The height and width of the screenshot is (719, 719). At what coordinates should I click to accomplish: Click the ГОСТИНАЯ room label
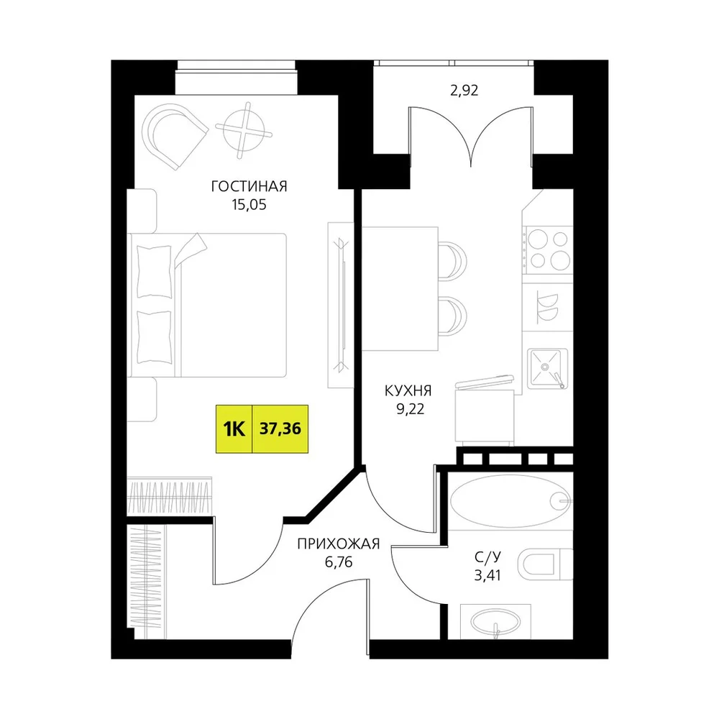(249, 187)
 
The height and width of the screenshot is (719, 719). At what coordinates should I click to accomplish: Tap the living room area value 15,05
(249, 204)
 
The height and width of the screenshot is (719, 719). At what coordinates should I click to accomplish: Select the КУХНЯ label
(408, 391)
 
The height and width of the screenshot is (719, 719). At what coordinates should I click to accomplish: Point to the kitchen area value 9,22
(411, 409)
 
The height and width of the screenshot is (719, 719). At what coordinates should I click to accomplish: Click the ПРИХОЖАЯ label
(339, 544)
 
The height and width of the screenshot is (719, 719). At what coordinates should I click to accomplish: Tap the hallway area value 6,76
(339, 562)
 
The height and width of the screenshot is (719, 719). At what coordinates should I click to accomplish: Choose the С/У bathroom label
(488, 557)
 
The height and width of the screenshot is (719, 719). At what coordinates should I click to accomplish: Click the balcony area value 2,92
(464, 91)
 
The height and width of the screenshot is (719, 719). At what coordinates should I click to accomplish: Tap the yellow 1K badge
(234, 429)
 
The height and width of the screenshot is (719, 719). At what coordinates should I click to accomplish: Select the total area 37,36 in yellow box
(280, 429)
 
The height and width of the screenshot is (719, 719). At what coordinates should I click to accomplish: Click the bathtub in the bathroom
(510, 500)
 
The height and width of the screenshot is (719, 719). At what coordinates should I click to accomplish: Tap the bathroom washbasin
(495, 622)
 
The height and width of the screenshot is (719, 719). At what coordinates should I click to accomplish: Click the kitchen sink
(547, 368)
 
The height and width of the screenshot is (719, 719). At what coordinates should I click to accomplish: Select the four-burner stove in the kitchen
(548, 250)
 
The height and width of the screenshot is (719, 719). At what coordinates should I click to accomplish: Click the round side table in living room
(244, 130)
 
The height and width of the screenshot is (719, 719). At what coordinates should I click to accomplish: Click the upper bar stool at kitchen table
(453, 260)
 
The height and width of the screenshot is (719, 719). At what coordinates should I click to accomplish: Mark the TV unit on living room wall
(340, 305)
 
